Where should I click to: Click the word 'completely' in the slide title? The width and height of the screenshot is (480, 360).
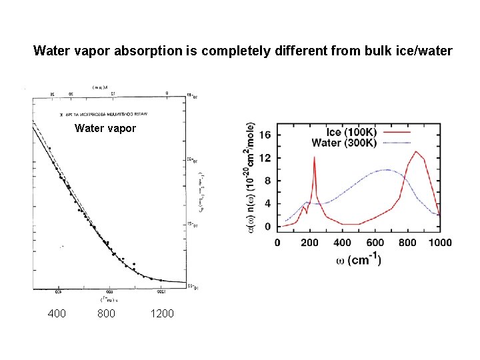coord(217,51)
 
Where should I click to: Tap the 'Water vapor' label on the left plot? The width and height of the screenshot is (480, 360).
coord(105,128)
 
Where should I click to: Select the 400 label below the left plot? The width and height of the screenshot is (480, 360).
coord(57,313)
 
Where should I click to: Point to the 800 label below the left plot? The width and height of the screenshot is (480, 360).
coord(105,313)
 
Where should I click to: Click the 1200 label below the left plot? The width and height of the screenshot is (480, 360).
coord(161,313)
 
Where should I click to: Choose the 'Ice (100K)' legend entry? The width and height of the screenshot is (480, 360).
coord(352,131)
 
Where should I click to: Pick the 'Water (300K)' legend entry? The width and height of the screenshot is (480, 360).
coord(345,143)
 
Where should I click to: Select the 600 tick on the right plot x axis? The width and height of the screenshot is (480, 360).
coord(375,243)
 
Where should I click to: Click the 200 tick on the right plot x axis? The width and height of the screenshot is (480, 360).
coord(309,243)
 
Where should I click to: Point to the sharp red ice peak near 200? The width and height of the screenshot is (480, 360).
coord(314,158)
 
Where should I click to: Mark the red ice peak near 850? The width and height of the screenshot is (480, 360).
coord(417,152)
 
